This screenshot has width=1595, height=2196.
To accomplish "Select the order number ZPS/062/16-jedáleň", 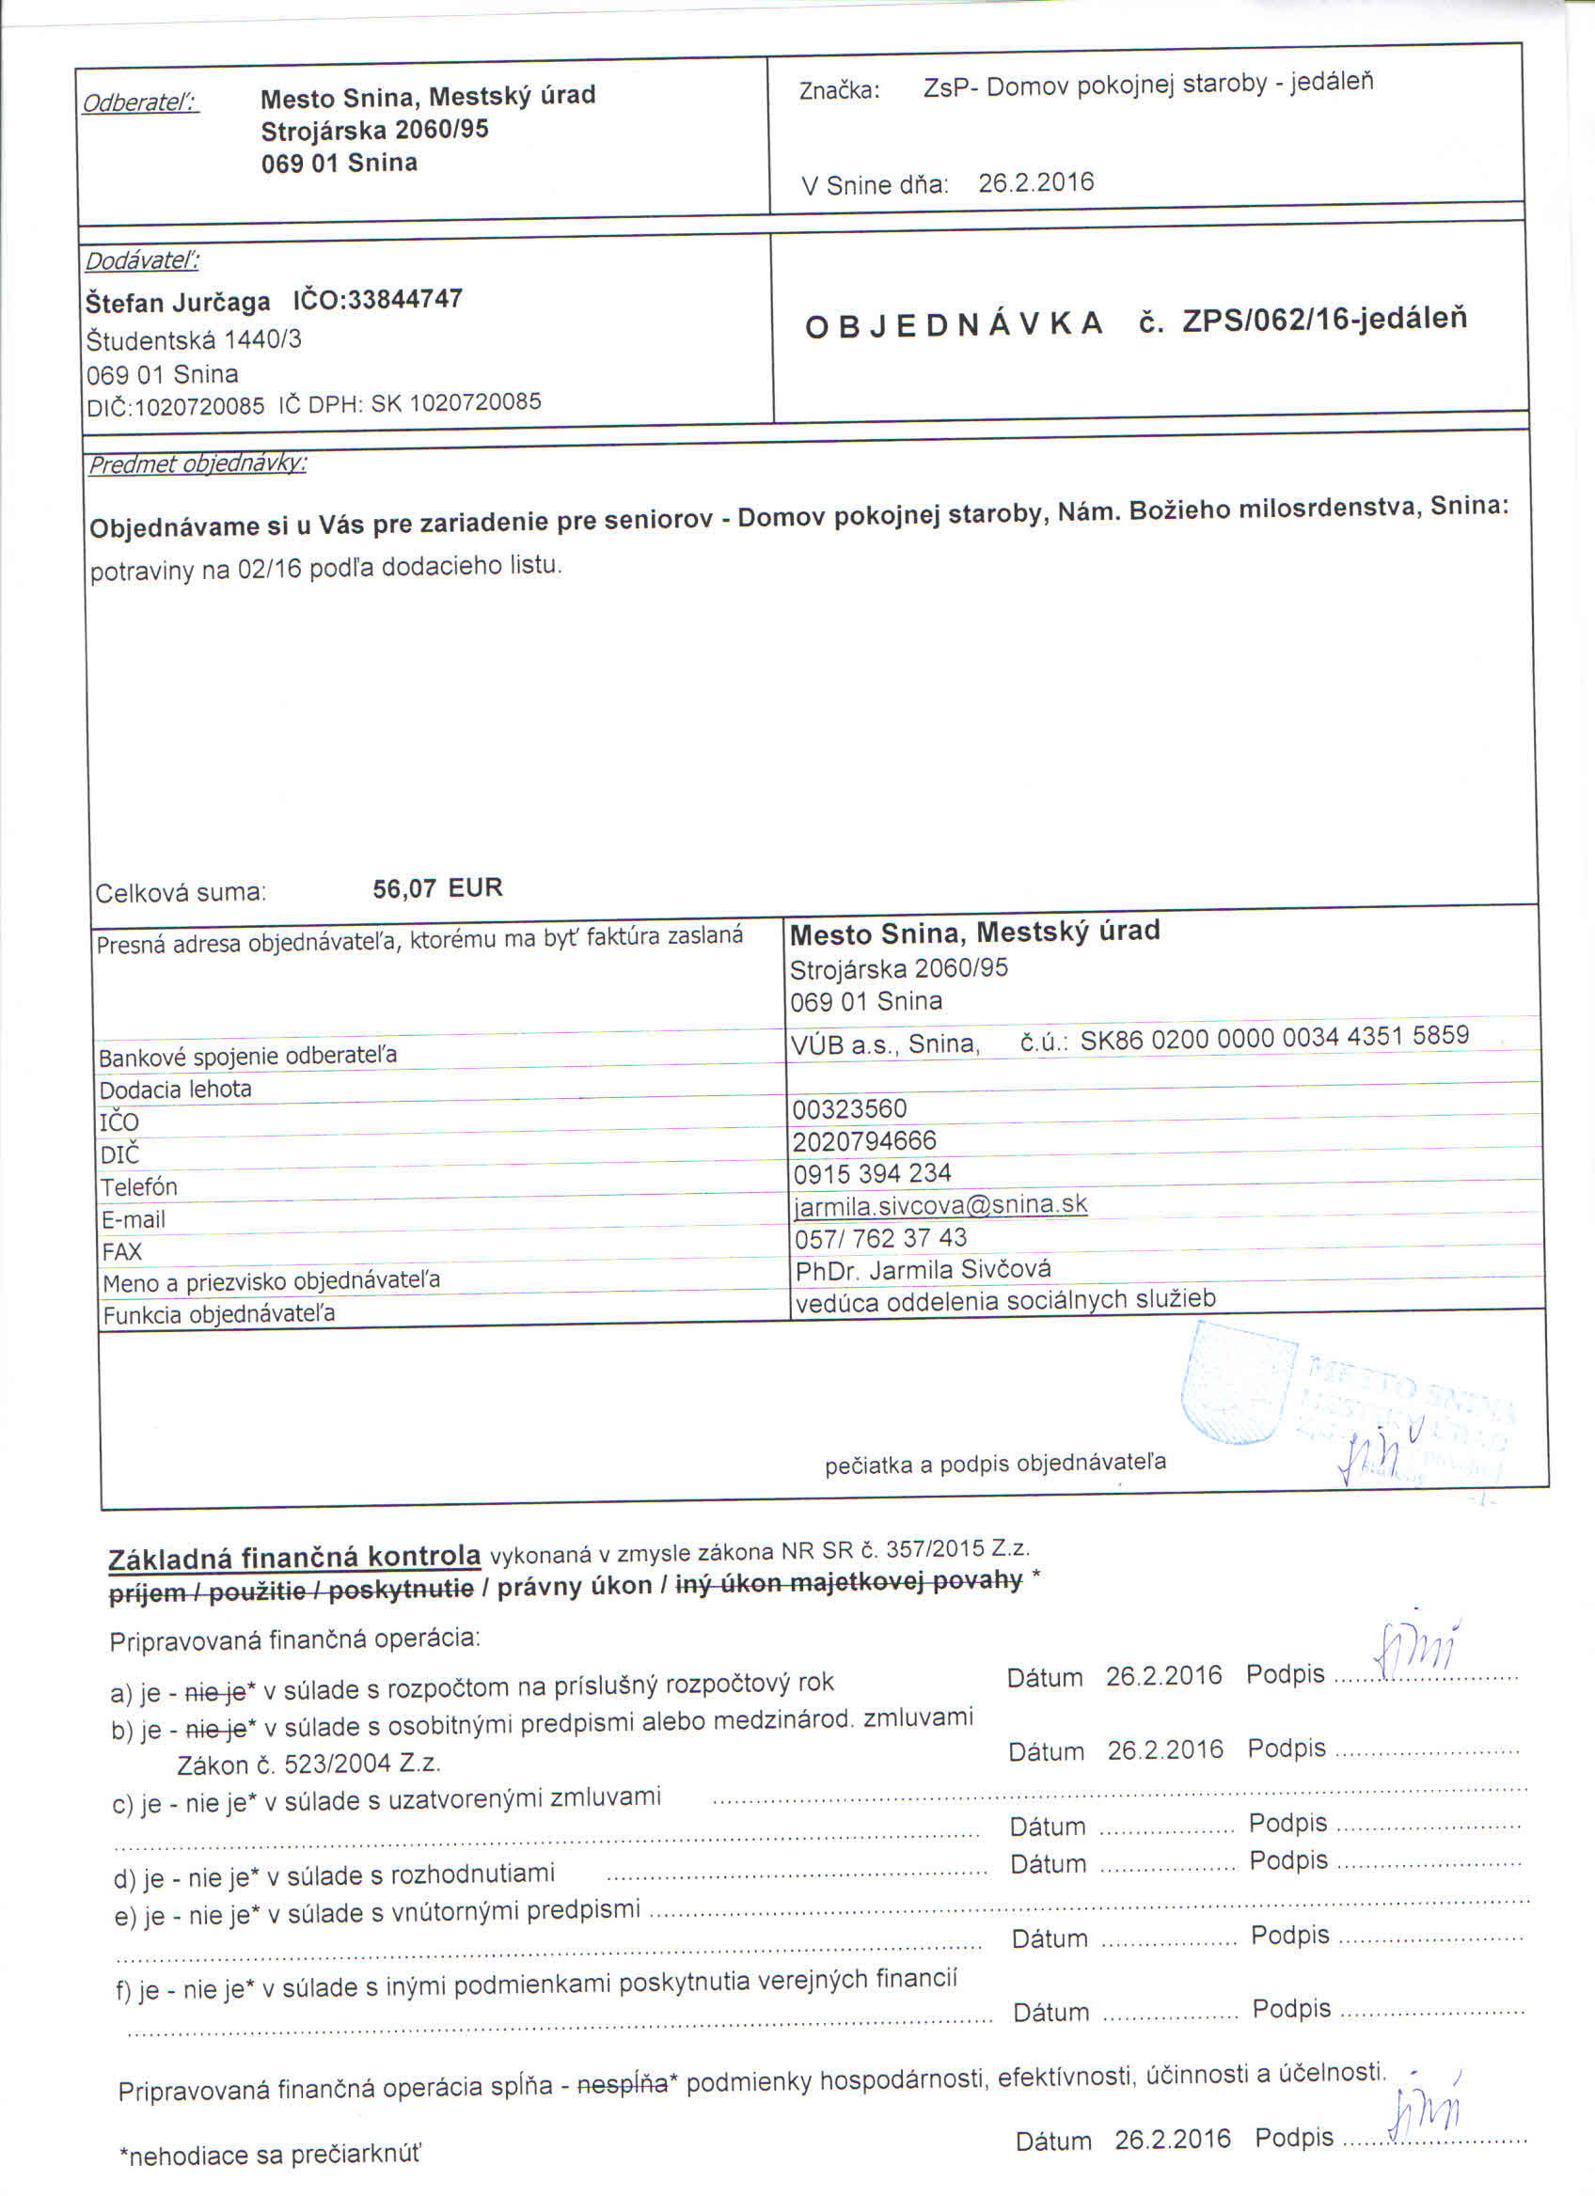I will (1324, 320).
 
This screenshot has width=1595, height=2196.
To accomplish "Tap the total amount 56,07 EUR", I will (437, 887).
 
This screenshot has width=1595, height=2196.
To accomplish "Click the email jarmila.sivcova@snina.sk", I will (940, 1204).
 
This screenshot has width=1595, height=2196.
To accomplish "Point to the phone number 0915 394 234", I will (872, 1173).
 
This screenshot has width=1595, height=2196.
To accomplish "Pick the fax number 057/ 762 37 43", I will (880, 1237).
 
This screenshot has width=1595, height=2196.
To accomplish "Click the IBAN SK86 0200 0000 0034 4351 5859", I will (1274, 1037).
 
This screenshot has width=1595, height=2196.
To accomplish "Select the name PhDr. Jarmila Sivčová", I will (923, 1269).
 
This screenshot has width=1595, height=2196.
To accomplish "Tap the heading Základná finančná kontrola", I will (294, 1558).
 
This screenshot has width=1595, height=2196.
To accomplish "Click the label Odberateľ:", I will (140, 102).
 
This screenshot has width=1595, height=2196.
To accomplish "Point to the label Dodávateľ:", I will (142, 260).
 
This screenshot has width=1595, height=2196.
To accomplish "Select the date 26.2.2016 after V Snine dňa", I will (1035, 183).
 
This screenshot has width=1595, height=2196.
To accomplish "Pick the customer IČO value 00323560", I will (848, 1108).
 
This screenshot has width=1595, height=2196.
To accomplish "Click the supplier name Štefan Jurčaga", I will (178, 303).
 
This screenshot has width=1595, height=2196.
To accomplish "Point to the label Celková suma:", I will (181, 893).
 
